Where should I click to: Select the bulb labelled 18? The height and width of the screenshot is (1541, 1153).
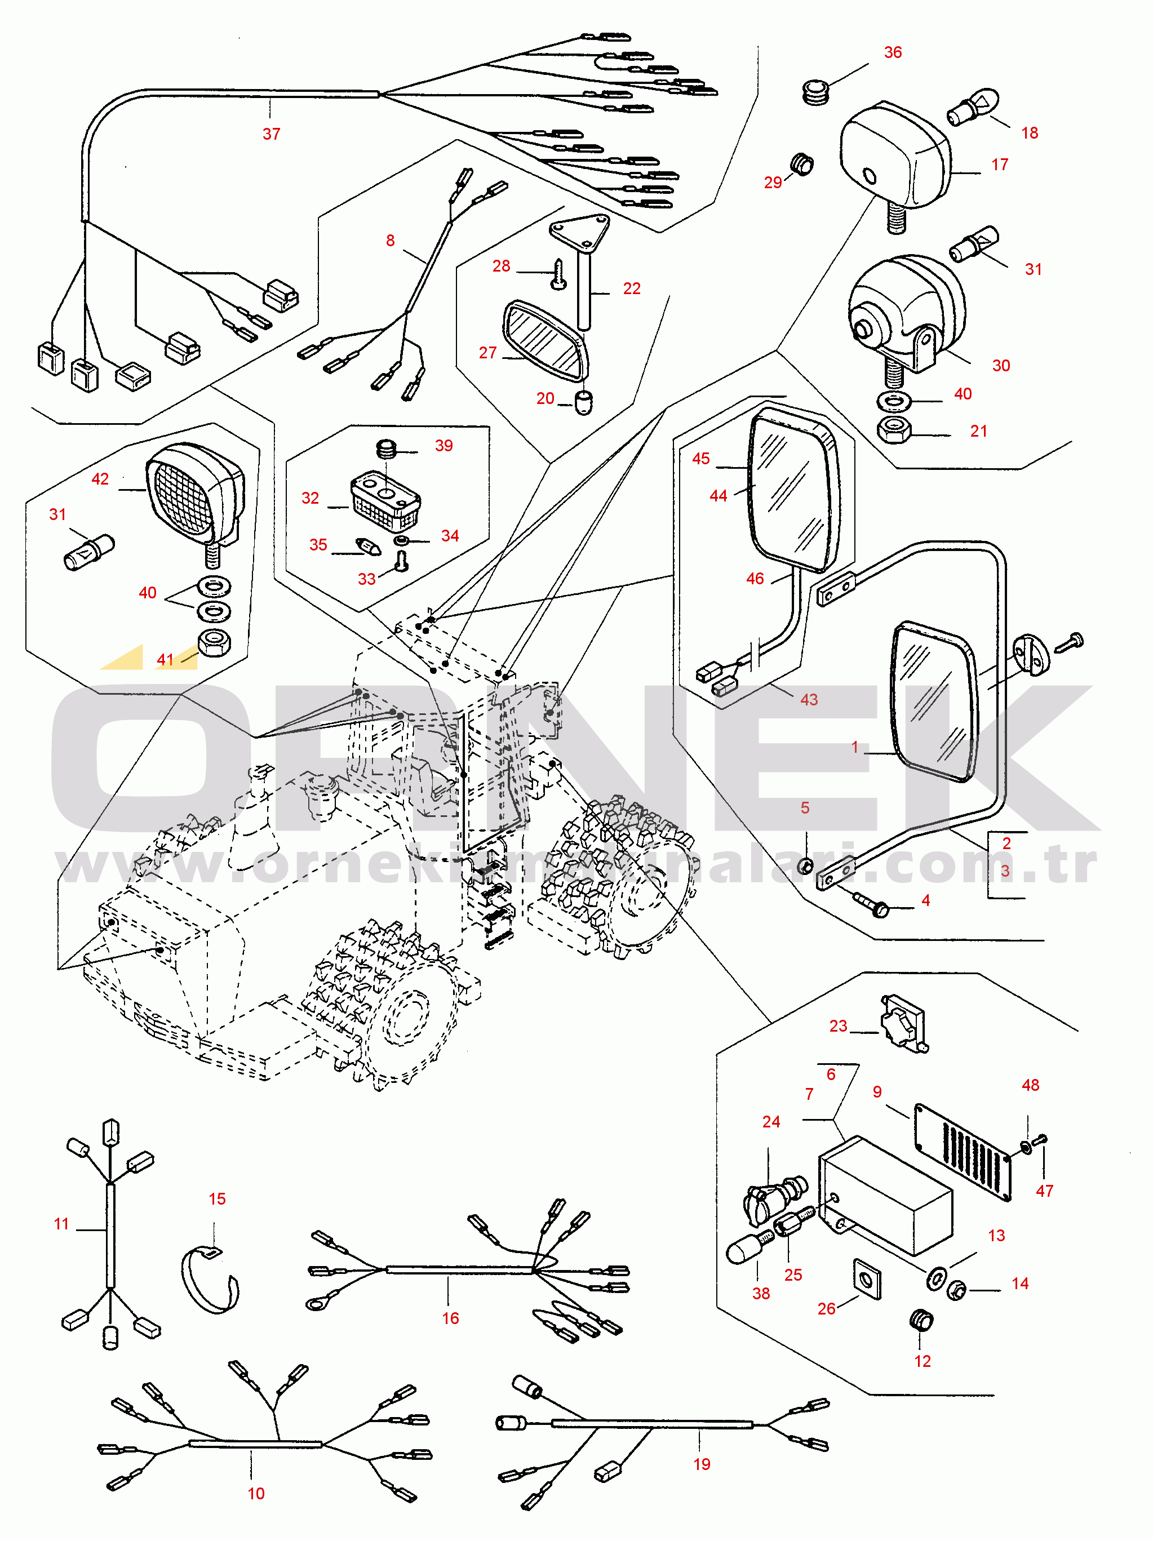point(973,106)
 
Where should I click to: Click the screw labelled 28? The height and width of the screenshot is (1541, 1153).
point(558,274)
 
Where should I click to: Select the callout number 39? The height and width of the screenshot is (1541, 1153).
point(444,446)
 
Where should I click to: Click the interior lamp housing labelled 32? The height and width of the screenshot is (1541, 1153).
point(385,501)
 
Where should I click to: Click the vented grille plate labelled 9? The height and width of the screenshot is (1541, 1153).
point(962,1152)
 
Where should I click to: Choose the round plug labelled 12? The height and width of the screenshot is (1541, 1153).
point(922,1320)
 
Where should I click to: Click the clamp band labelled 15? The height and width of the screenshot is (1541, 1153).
point(210,1282)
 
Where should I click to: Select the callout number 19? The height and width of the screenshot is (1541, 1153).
point(702,1464)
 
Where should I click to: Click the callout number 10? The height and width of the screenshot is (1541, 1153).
point(256,1493)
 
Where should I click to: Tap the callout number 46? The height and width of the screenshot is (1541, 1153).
point(755,578)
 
